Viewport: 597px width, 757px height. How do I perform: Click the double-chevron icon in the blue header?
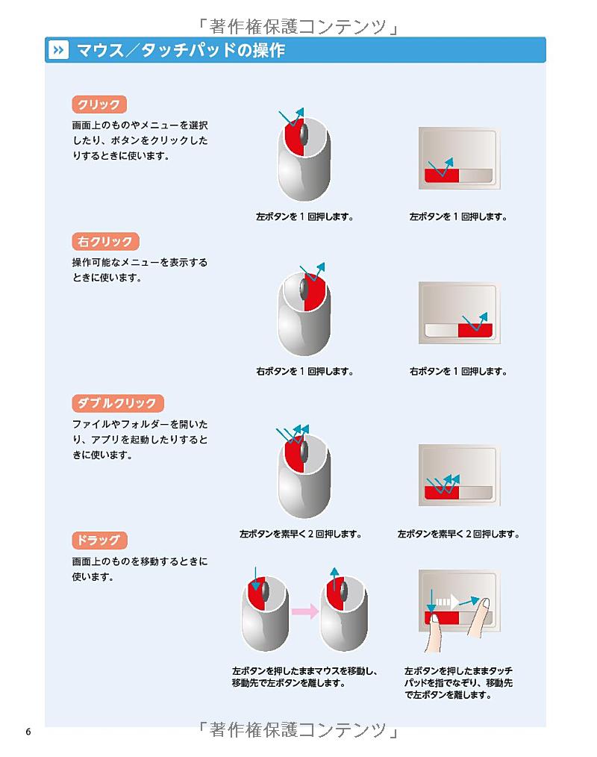coord(58,50)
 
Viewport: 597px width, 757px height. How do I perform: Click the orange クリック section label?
coord(99,105)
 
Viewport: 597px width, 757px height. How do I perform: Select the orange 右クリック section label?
coord(105,241)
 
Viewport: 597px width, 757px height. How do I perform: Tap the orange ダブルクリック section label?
coord(118,403)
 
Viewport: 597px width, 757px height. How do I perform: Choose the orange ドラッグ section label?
coord(99,541)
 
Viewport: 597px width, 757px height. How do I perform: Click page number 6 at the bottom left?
coord(28,732)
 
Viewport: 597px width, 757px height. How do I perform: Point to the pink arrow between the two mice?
coord(305,611)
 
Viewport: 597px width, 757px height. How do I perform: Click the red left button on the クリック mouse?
coord(293,141)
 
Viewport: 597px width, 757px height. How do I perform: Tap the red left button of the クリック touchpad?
coord(442,175)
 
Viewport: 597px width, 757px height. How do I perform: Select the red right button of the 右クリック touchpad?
coord(475,330)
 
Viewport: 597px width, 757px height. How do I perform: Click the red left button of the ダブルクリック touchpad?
coord(442,493)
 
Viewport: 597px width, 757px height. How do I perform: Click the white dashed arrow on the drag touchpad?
coord(447,602)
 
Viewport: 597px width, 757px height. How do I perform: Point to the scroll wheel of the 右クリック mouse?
coord(304,288)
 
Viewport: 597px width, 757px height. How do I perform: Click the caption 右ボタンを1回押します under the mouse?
coord(304,371)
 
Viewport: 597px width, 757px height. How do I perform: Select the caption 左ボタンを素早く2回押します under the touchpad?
coord(458,534)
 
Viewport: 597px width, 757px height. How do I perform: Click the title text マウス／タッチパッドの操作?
coord(181,50)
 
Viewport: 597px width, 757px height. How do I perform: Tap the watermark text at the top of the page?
coord(298,26)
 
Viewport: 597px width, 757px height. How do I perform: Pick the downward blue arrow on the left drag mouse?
coord(256,579)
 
